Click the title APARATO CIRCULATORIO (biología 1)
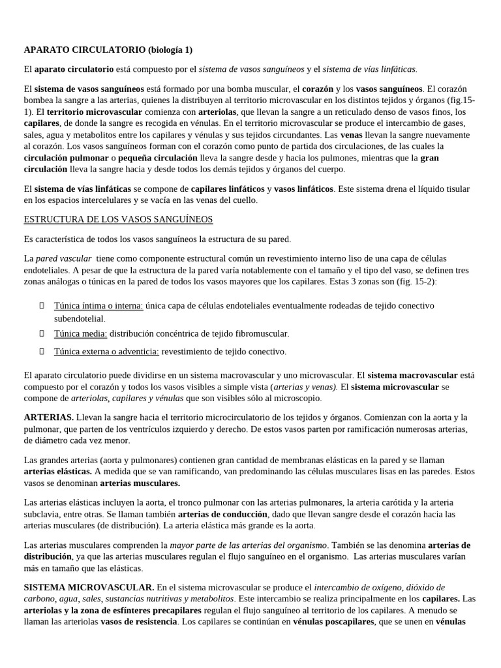point(108,50)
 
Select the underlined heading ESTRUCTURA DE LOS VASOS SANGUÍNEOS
point(118,219)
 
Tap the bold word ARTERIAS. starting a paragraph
point(48,417)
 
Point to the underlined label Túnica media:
point(80,333)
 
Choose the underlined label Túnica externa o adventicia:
point(106,352)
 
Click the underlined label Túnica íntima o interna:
point(98,305)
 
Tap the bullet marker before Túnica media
point(41,333)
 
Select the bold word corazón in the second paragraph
point(318,88)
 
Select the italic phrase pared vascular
point(63,258)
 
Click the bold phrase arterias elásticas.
point(58,471)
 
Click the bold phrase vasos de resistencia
point(139,622)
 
